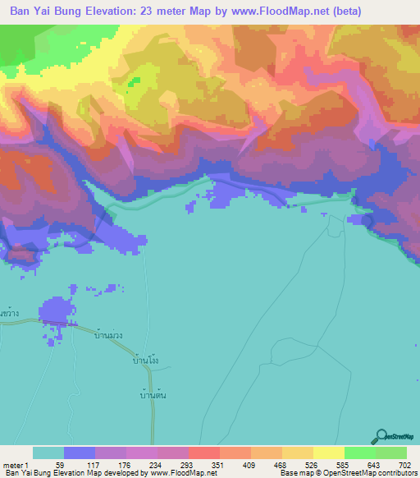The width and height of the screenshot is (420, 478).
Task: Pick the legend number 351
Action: pos(216,464)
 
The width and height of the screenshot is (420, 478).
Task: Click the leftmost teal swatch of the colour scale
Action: pos(48,453)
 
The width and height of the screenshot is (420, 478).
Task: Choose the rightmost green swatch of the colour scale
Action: pos(391,453)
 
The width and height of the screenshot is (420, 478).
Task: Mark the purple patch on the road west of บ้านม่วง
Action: pos(56,315)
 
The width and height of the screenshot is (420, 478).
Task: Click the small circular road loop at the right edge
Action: pos(367,219)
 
